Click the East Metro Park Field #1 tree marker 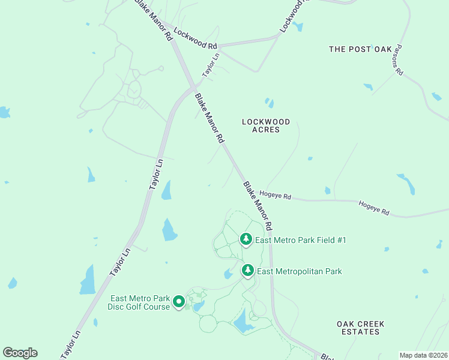point(246,239)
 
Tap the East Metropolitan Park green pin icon point(247,271)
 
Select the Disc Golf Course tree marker point(178,302)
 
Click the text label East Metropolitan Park point(300,272)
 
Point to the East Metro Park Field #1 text point(301,241)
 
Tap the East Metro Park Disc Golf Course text point(139,303)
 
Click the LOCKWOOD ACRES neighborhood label point(265,125)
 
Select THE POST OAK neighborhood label point(360,49)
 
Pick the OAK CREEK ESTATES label point(360,328)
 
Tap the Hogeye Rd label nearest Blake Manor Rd point(275,196)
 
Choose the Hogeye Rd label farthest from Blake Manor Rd point(374,208)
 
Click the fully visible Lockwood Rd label point(195,38)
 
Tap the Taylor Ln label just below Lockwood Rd point(211,65)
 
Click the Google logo point(20,353)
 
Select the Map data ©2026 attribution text point(423,355)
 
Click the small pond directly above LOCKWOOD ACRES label point(270,103)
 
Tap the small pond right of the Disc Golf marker point(199,306)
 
